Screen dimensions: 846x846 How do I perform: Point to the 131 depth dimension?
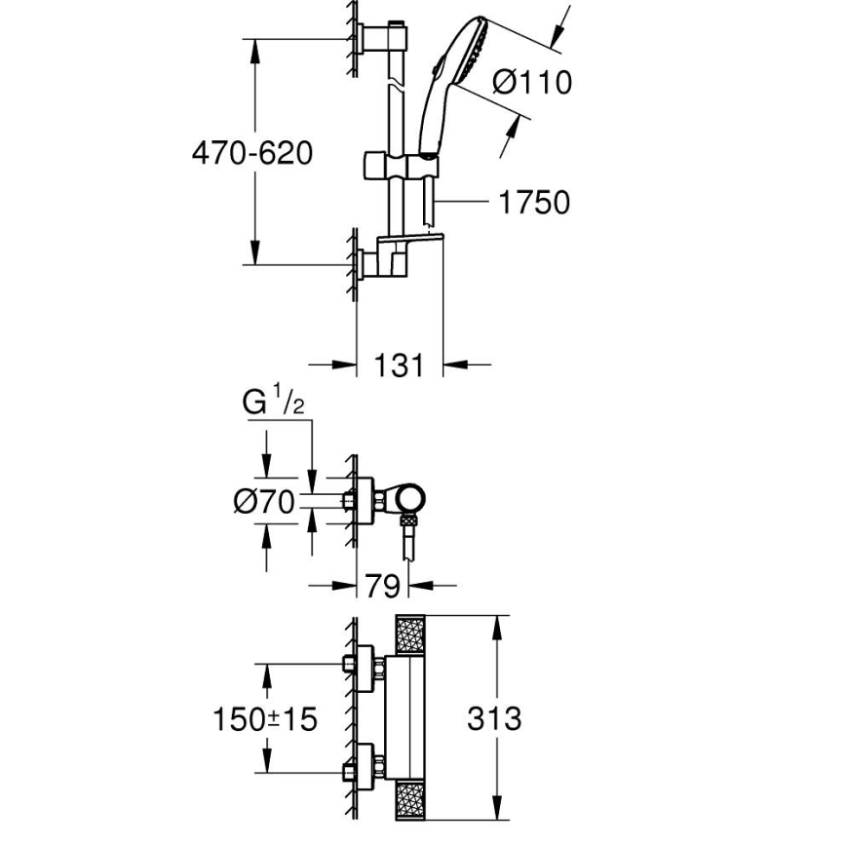pyautogui.click(x=400, y=365)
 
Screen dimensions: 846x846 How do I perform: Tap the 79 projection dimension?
pyautogui.click(x=383, y=586)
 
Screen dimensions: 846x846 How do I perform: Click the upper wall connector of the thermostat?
pyautogui.click(x=363, y=668)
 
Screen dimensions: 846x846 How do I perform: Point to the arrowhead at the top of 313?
pyautogui.click(x=499, y=625)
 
